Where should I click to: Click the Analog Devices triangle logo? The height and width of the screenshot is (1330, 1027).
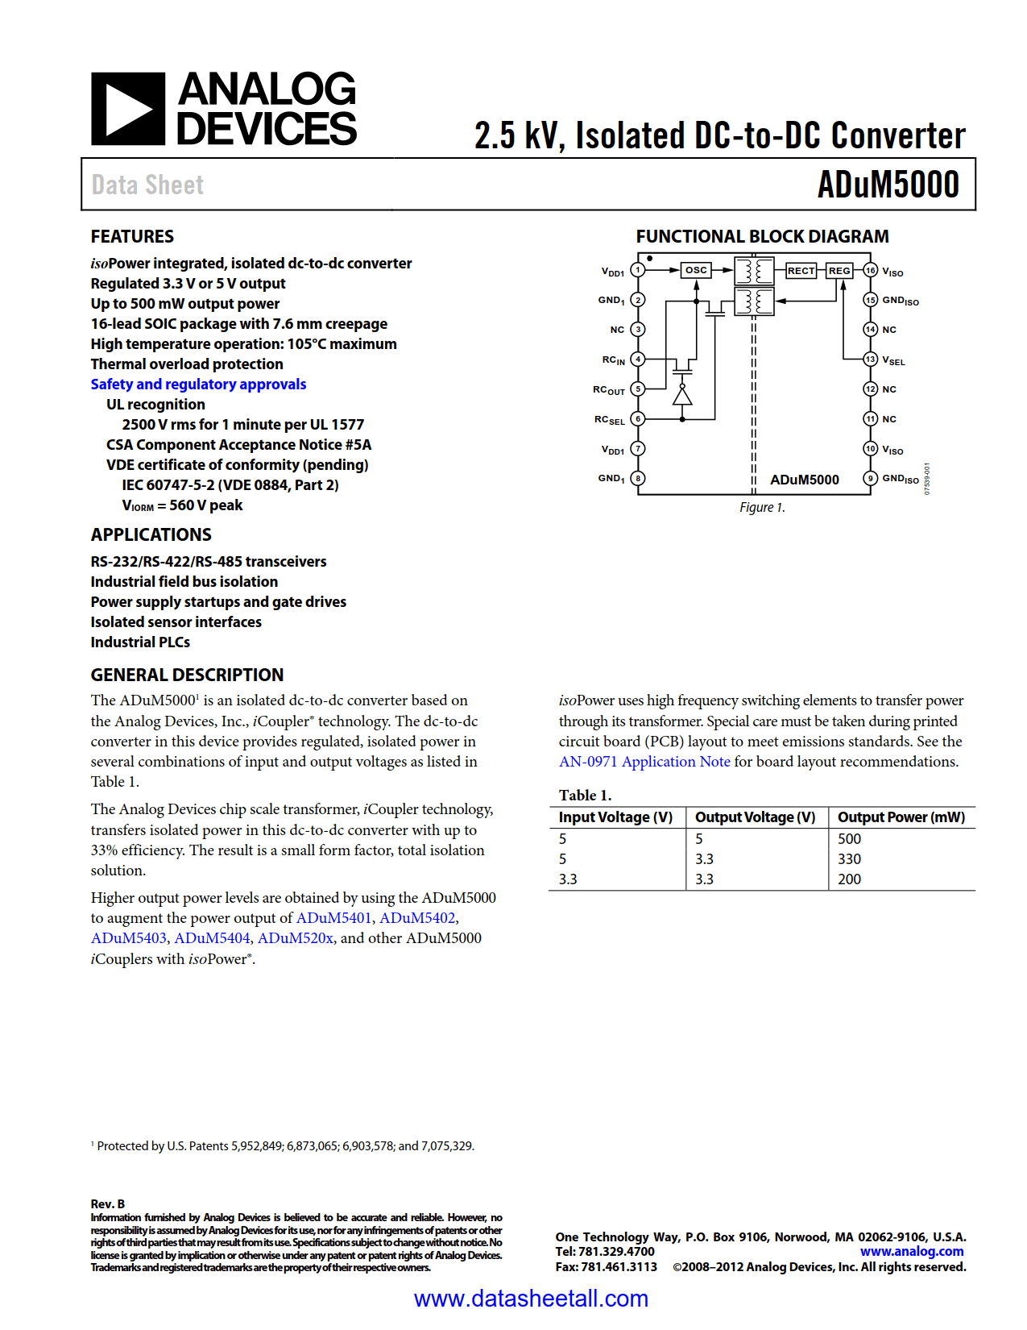click(127, 109)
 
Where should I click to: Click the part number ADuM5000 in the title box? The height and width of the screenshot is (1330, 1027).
click(888, 185)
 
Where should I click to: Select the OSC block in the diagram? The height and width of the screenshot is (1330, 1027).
click(696, 270)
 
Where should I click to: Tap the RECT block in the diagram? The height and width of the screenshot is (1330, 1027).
click(801, 271)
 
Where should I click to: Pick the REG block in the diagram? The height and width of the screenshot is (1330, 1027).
click(839, 271)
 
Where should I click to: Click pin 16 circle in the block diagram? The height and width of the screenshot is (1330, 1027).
click(870, 270)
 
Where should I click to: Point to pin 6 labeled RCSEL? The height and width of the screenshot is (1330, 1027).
click(638, 419)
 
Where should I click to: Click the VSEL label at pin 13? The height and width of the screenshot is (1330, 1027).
click(893, 360)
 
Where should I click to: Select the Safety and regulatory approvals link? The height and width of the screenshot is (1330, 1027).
click(198, 384)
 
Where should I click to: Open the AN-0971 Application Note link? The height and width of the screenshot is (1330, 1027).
click(644, 762)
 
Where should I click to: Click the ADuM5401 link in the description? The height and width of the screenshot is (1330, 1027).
click(333, 918)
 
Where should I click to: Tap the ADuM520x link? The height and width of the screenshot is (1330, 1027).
click(295, 938)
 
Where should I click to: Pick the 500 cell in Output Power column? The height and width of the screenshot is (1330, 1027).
click(849, 839)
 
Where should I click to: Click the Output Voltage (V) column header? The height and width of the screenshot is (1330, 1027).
click(755, 817)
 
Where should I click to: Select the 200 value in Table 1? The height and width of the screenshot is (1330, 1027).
click(849, 879)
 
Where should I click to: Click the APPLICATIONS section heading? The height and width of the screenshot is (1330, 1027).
click(151, 535)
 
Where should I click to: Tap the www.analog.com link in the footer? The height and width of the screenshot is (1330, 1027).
click(911, 1252)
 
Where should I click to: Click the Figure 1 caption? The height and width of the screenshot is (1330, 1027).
click(762, 507)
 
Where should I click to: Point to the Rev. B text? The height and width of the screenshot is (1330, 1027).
click(108, 1204)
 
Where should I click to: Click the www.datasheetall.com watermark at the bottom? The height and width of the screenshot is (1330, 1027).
click(531, 1299)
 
